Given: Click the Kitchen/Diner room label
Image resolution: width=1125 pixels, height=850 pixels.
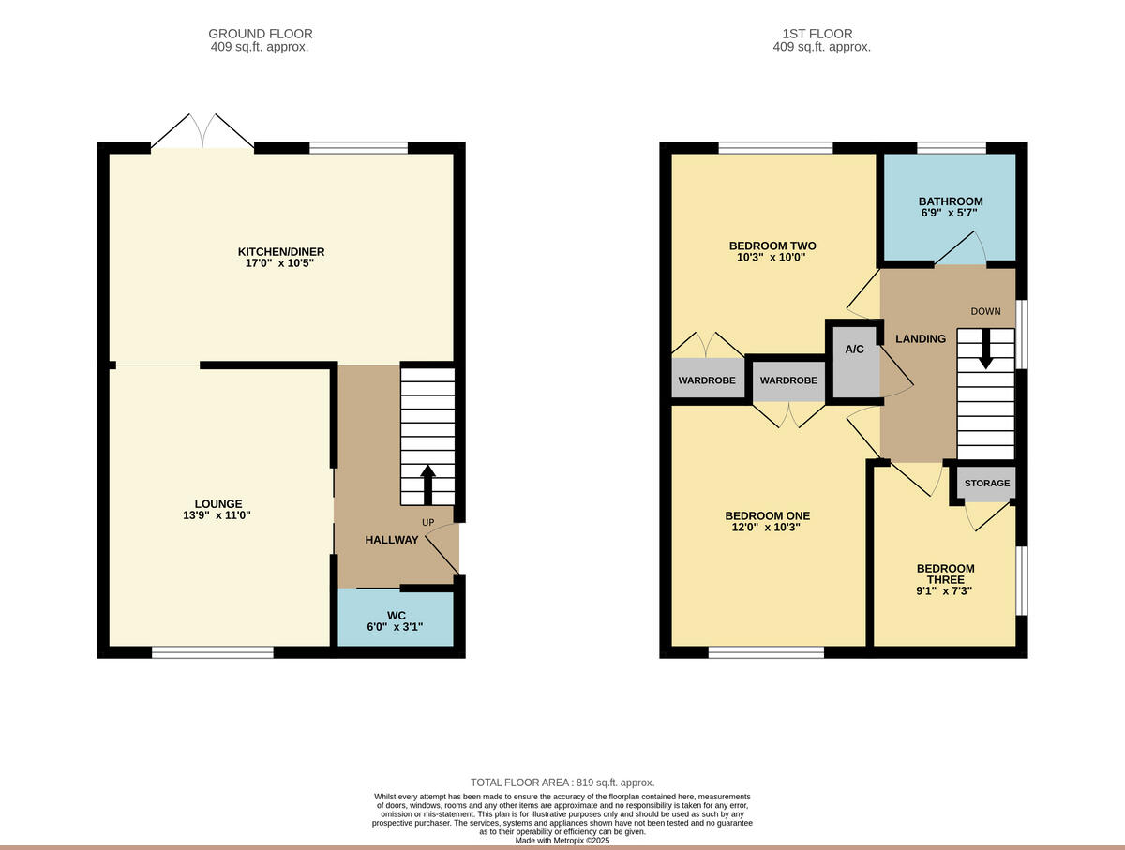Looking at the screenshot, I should coord(281,251).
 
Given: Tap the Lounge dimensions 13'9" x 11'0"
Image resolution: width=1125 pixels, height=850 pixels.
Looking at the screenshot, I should coord(217,515).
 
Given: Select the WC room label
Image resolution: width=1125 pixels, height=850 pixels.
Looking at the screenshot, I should coord(395,615).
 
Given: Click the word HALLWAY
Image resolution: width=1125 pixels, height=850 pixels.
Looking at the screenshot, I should coord(391,540).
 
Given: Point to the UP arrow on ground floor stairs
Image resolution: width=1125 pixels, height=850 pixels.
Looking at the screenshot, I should coord(428,484).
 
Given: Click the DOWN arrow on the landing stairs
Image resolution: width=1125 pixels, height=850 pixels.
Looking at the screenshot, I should coord(985,350).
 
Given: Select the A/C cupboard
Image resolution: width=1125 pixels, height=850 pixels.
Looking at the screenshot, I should coord(854,361).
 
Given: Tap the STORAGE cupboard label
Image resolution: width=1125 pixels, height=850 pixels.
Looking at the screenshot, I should coord(987,484).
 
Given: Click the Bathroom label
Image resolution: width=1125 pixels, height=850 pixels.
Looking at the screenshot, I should coord(951,201).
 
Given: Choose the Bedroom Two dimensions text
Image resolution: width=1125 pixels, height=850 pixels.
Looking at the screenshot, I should coord(772,257).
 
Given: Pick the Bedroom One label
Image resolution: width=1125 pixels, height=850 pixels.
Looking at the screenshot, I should coord(767,515).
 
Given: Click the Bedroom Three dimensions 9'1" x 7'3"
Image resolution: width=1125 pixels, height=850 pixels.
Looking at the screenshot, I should coord(945,590).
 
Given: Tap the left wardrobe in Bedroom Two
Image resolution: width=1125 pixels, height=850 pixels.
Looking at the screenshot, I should coord(708,380).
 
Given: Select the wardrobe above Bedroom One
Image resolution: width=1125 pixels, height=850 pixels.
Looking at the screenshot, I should coord(788,381).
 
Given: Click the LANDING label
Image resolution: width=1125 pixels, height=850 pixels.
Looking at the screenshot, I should coord(921,338).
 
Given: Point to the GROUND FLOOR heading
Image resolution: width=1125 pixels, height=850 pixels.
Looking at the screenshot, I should coord(261,34).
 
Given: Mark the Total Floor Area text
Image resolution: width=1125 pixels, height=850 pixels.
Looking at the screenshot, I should coord(562,783).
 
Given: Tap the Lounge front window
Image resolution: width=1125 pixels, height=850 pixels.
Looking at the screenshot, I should coord(213,652).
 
